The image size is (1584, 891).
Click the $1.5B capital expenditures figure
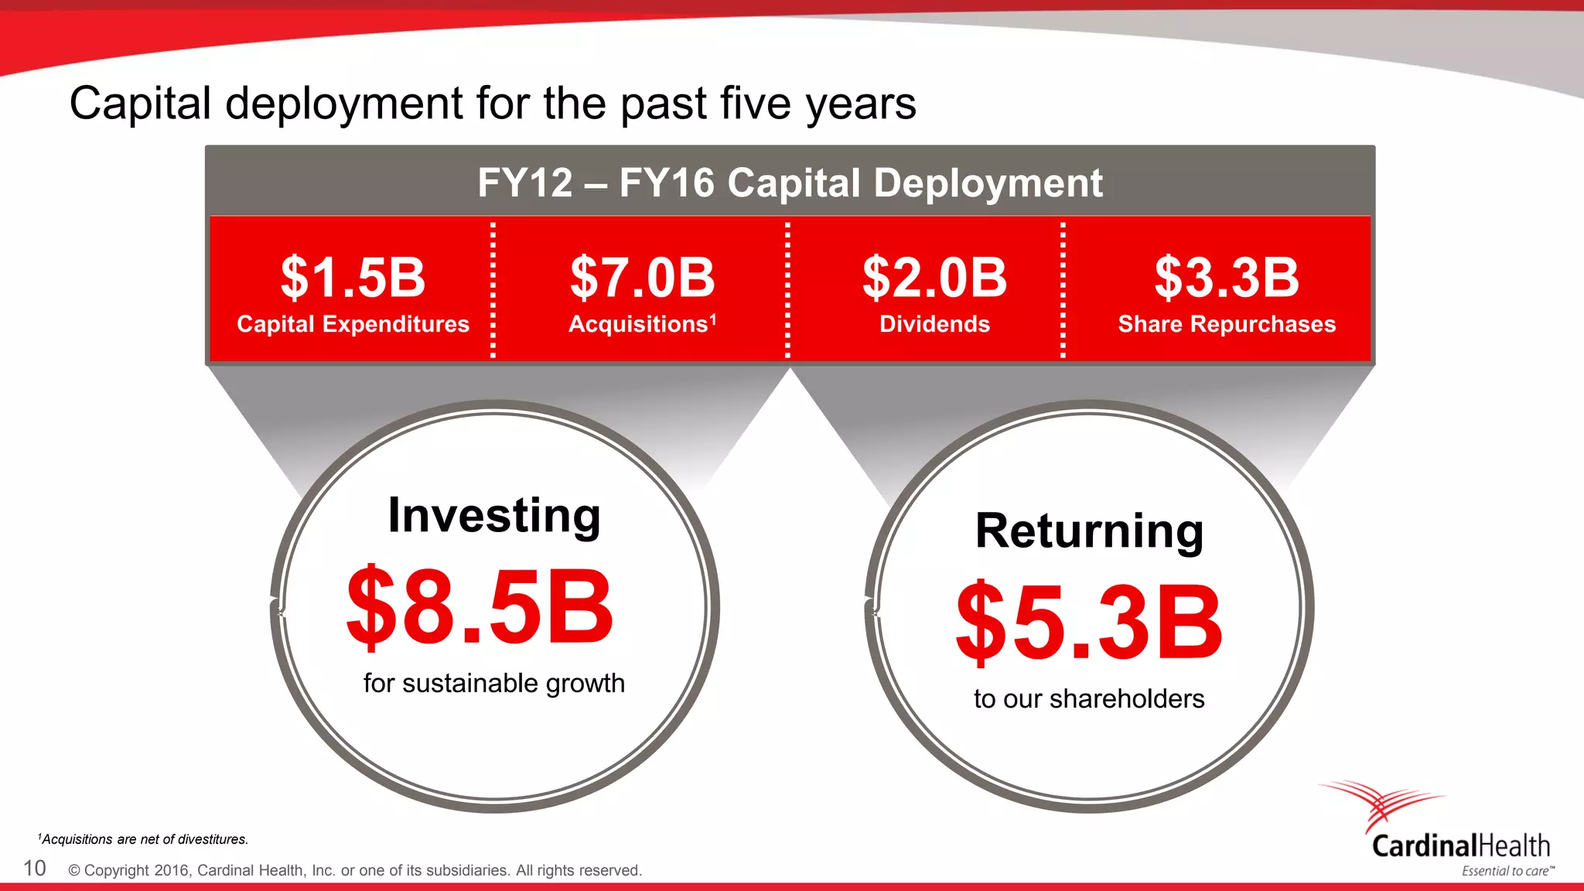coord(353,278)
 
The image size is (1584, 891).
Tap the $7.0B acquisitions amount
coord(642,278)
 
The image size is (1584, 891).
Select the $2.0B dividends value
coord(934,278)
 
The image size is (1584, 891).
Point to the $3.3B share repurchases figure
coord(1227,278)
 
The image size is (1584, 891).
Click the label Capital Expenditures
coord(353,324)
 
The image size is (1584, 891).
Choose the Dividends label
coord(934,324)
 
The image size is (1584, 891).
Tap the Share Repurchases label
coord(1227,324)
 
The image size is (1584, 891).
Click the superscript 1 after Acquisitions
coord(713,318)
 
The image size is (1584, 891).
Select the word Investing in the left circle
coord(494,516)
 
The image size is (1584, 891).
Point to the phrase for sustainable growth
coord(494,684)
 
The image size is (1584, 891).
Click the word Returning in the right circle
coord(1089,531)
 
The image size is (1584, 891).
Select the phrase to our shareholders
coord(1089,699)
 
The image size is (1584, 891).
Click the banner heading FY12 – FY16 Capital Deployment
coord(790,183)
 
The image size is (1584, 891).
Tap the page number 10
coord(35,869)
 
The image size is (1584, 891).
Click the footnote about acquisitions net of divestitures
coord(143,839)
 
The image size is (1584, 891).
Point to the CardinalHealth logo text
coord(1460,846)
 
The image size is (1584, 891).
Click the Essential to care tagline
coord(1506,872)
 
